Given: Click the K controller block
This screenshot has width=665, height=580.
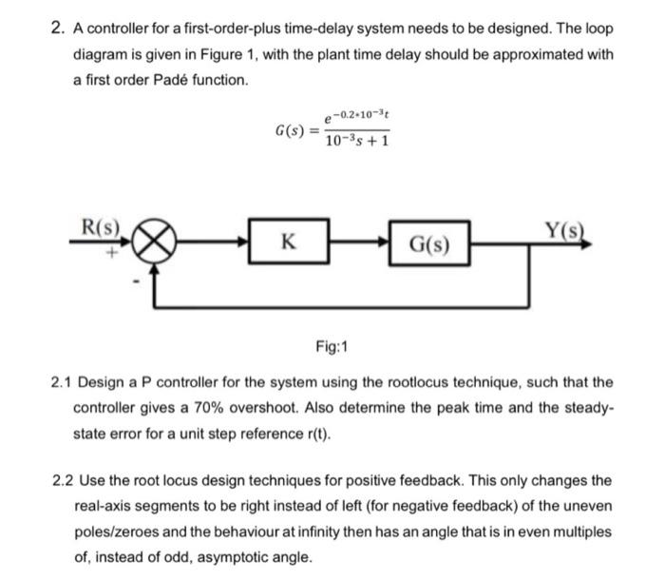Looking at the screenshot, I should (289, 242).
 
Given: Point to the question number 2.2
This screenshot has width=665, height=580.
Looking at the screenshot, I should (63, 481).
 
